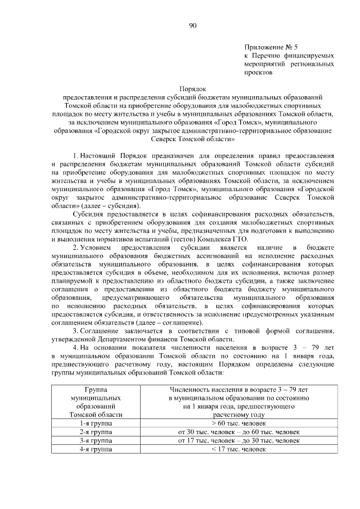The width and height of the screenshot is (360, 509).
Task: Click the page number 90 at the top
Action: (x=193, y=25)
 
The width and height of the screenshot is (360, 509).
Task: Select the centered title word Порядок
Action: (x=193, y=89)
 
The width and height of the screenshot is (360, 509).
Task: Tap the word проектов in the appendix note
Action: (x=258, y=73)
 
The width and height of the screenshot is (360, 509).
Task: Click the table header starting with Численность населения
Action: (x=238, y=402)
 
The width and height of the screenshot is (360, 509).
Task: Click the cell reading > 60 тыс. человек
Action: (x=238, y=422)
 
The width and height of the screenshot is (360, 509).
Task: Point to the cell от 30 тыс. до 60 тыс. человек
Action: (x=238, y=431)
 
